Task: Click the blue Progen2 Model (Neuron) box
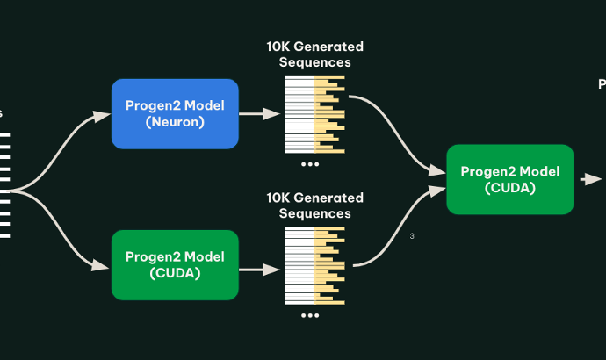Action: [x=175, y=113]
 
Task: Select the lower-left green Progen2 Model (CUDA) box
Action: [x=175, y=264]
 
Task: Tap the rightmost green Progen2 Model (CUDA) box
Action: [x=509, y=179]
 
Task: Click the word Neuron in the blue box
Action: [x=175, y=122]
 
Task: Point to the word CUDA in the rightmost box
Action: [x=509, y=188]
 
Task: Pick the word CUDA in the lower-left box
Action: [x=175, y=273]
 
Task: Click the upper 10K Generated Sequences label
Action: [x=314, y=54]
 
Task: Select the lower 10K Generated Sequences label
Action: [x=314, y=205]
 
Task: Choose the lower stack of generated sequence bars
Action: [x=314, y=265]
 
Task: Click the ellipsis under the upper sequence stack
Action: [x=310, y=163]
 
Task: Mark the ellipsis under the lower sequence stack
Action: [x=310, y=314]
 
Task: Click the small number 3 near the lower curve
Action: [x=412, y=235]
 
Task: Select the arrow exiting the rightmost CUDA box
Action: [x=589, y=179]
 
